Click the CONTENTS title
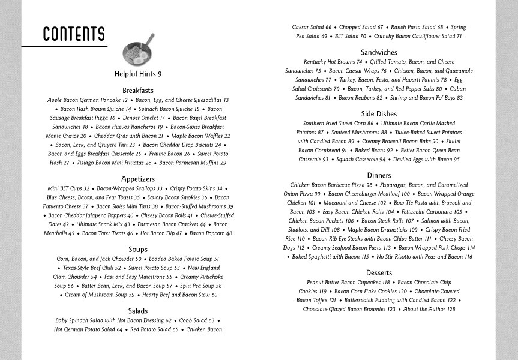[x=74, y=34]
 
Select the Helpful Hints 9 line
[x=138, y=74]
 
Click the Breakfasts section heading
[x=138, y=91]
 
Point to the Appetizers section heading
[x=138, y=179]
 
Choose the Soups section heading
[x=138, y=250]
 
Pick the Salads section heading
[x=138, y=311]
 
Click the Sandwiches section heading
[x=379, y=53]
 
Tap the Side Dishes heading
[x=379, y=114]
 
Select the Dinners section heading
[x=379, y=176]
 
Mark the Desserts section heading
[x=379, y=273]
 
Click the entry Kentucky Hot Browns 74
[x=333, y=62]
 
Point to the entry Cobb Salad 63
[x=196, y=320]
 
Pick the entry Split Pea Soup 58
[x=200, y=286]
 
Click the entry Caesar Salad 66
[x=312, y=28]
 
